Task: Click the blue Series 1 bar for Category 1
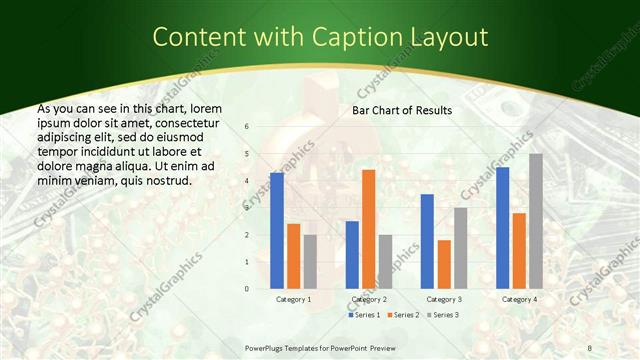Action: (x=277, y=231)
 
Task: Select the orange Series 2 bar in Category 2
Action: (x=368, y=229)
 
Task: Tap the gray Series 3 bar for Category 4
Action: (x=536, y=221)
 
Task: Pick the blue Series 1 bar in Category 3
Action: (x=427, y=241)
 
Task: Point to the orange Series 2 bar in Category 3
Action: (x=444, y=264)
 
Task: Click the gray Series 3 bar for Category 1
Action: (x=310, y=262)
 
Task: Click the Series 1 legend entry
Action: (x=363, y=315)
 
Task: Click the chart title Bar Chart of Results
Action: (x=401, y=110)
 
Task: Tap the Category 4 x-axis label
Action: (x=519, y=299)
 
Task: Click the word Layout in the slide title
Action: (x=449, y=38)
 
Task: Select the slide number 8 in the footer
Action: (x=590, y=346)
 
